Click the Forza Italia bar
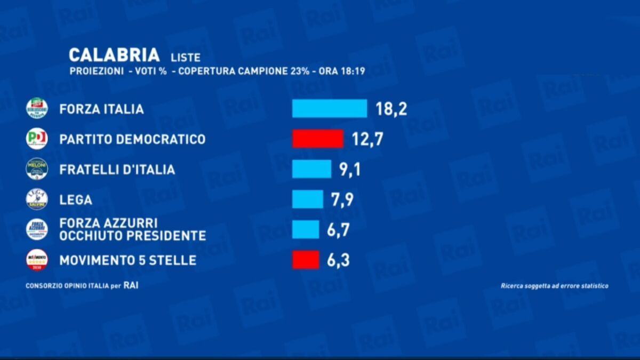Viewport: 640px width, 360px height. [x=329, y=108]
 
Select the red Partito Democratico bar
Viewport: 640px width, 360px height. [x=317, y=139]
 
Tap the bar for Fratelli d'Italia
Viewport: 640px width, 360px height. [x=311, y=169]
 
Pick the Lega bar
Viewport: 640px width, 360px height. [x=307, y=199]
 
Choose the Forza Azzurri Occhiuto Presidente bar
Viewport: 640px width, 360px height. [x=306, y=229]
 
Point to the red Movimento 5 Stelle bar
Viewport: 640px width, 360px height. [x=306, y=260]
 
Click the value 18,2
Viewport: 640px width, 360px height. [x=391, y=109]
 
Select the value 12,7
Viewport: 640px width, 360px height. [x=367, y=139]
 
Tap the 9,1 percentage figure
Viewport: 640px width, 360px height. [x=350, y=170]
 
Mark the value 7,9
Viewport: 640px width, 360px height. [x=342, y=200]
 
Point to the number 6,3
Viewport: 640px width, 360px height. [x=338, y=261]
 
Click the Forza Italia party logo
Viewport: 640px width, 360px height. [x=37, y=108]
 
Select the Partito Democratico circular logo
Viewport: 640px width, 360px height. [x=37, y=139]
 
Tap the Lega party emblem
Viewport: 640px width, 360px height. [x=37, y=199]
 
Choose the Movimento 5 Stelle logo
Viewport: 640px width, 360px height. [x=37, y=260]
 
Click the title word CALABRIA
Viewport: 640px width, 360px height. [x=114, y=55]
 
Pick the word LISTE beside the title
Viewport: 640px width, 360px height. [x=186, y=58]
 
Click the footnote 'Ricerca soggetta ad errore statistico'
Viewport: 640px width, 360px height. [x=554, y=286]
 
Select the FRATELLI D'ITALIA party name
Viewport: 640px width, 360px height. [x=117, y=170]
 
